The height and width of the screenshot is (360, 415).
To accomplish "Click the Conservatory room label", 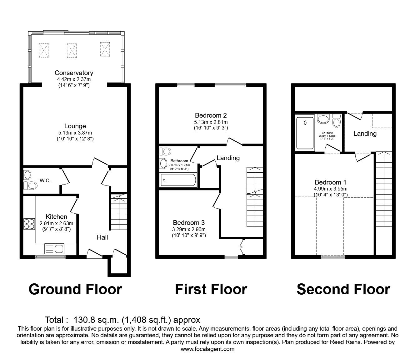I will point(74,73).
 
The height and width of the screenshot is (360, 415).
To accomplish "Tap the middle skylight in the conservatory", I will point(71,50).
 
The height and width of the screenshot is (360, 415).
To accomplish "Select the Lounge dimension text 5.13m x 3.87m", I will point(75,132).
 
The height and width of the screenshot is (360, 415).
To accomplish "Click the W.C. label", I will point(45,180).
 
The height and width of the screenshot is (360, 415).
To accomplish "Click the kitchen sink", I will point(55,249).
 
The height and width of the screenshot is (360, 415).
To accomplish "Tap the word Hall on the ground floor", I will point(102,237).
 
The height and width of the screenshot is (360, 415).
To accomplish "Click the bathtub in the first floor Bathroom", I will point(178,180).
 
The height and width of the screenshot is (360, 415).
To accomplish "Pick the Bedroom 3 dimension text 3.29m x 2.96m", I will point(189,229).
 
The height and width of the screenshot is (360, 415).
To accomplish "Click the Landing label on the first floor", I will point(228,158).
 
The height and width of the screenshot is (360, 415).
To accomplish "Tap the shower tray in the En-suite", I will point(305,133).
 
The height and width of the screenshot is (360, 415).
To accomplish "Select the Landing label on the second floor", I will point(365,134).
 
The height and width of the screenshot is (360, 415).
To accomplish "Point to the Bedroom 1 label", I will point(330,182).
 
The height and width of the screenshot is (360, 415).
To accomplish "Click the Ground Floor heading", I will point(75,289).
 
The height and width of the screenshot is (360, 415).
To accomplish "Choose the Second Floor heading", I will point(343,289).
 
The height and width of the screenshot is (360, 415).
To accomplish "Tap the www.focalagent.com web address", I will point(207,349).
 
